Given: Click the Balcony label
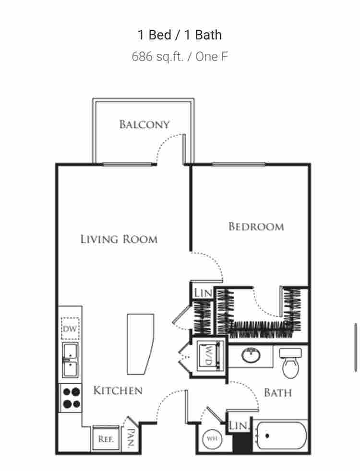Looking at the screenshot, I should click(x=144, y=125).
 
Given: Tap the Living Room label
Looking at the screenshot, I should click(x=119, y=239).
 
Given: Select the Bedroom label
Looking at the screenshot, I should click(x=256, y=226).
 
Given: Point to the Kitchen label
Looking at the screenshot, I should click(x=118, y=390).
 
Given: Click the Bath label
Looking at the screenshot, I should click(x=277, y=392).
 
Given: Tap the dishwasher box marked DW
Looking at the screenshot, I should click(x=70, y=329).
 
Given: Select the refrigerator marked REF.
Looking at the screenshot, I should click(x=105, y=438).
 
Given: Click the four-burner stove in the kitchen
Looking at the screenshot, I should click(x=71, y=398).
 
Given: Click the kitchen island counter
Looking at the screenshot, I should click(x=139, y=344).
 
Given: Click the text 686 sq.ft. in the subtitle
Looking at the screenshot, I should click(x=157, y=57).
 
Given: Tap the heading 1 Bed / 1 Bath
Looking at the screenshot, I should click(x=180, y=35).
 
